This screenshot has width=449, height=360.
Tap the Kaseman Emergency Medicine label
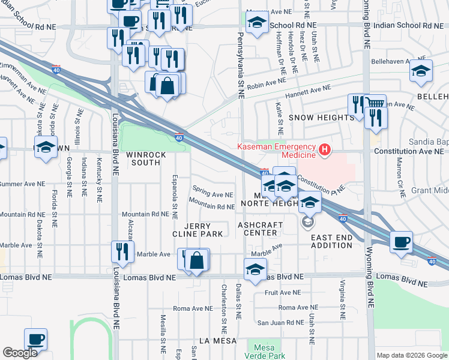point(276,148)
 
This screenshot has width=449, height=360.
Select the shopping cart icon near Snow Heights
point(375,104)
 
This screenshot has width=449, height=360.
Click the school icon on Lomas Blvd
point(255,269)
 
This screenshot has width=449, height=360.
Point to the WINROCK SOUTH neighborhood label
point(146,158)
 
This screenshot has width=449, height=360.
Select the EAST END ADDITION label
point(332,242)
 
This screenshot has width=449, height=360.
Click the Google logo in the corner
point(20,353)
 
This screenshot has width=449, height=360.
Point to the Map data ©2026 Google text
point(411,355)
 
